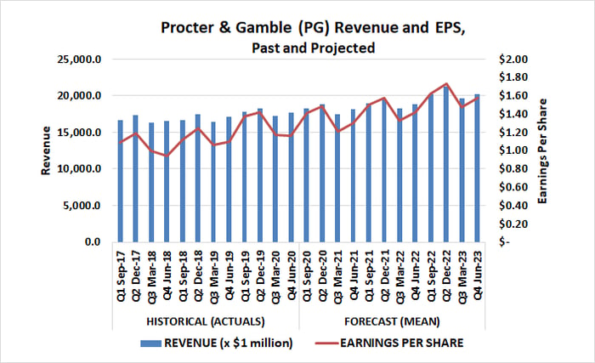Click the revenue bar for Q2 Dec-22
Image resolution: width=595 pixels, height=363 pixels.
point(446,164)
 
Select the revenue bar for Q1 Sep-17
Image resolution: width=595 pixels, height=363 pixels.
point(121,181)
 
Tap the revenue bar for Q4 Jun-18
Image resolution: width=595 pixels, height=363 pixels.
point(167,182)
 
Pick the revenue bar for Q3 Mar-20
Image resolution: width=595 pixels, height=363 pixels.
point(276,179)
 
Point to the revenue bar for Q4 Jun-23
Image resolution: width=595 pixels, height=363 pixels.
point(478,168)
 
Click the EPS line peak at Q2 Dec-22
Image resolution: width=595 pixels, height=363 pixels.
point(446,83)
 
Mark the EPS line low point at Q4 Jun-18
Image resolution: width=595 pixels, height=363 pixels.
point(167,156)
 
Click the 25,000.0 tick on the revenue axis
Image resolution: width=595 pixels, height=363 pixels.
point(79,60)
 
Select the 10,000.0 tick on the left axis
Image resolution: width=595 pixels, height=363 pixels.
point(79,169)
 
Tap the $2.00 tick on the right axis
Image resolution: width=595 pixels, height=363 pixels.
point(513,60)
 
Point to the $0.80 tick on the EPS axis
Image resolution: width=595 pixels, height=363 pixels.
point(513,169)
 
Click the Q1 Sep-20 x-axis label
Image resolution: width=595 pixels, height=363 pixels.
point(307,276)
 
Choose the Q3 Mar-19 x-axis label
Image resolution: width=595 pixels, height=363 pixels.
point(213,277)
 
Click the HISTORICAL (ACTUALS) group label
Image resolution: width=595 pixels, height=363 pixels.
point(206,322)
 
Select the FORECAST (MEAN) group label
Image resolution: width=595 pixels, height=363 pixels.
point(392,322)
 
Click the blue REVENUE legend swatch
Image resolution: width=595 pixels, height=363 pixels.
point(150,343)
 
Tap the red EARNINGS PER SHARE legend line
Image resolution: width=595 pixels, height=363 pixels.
point(326,343)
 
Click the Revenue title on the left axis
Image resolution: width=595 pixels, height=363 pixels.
point(46,150)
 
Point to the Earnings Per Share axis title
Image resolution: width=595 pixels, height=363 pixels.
point(542,150)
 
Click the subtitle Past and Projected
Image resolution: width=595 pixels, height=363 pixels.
point(314,48)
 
